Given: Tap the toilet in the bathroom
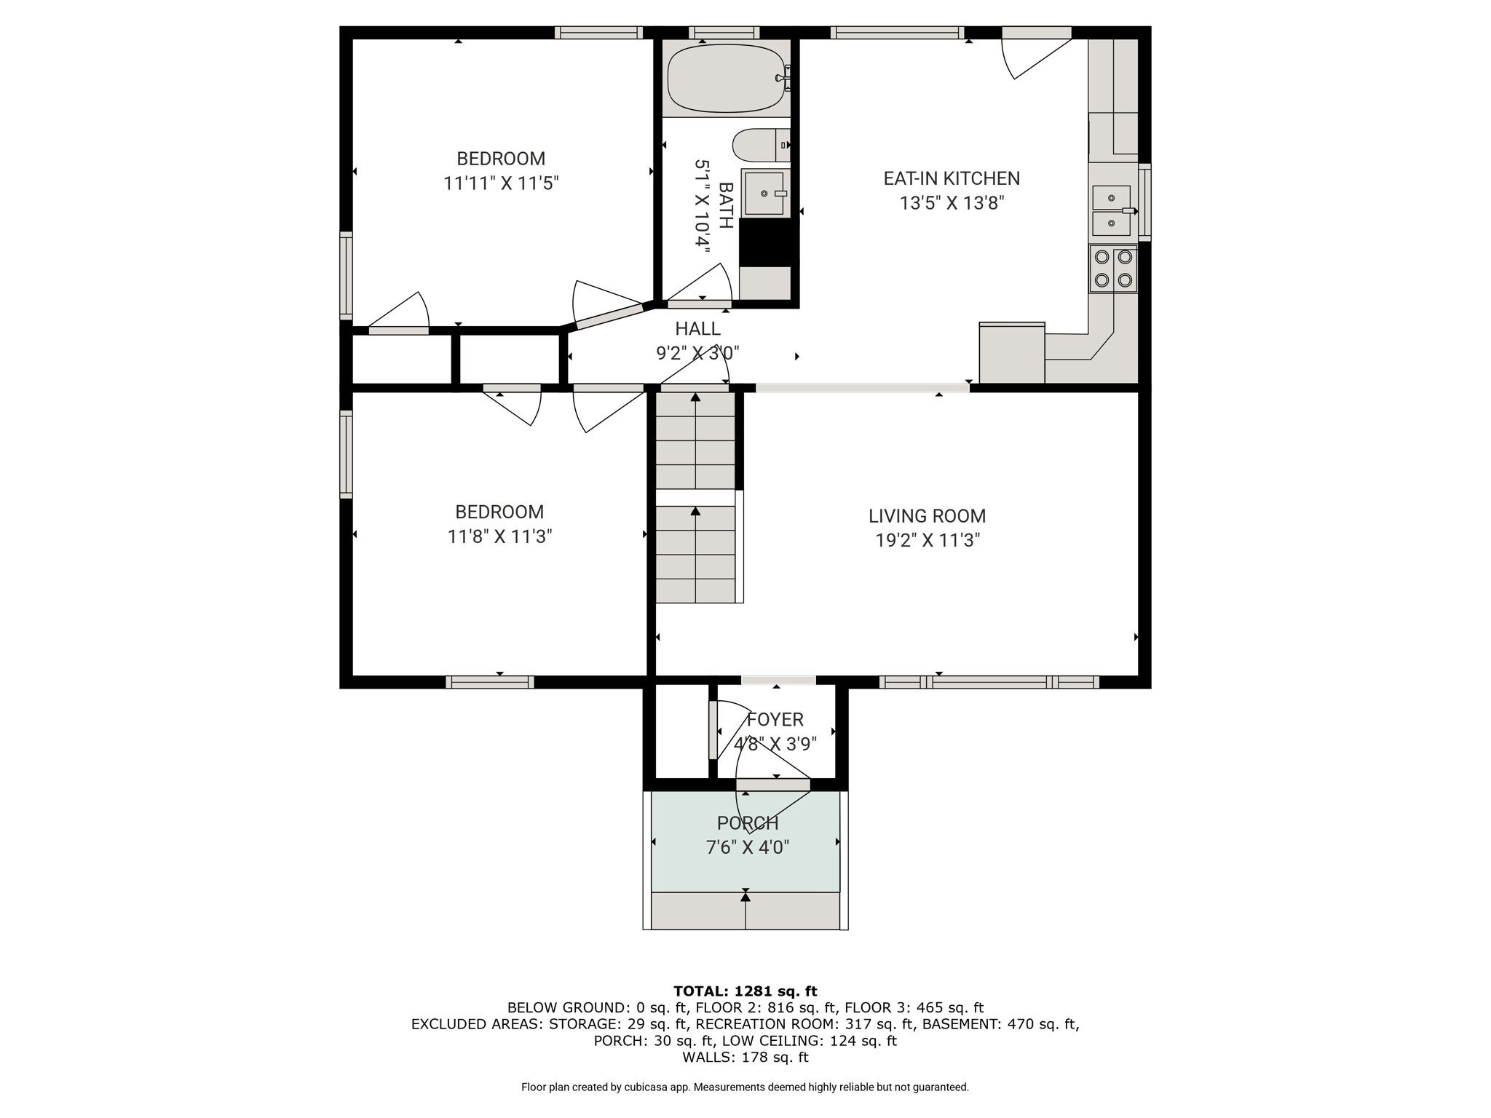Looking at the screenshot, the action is coord(761,145).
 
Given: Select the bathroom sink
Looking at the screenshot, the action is coord(764,194).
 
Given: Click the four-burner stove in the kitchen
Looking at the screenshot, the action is coord(1113,269).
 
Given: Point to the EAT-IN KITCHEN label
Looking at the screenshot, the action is coord(952,178).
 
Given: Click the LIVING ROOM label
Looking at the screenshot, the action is coord(927,516).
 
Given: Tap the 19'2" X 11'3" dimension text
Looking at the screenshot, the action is coord(928,540).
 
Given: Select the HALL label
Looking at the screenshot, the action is coord(697,329).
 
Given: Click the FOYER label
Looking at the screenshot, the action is coord(775,720).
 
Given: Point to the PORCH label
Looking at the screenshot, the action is coord(748,823).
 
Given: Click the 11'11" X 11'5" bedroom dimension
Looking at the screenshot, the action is coord(501,183).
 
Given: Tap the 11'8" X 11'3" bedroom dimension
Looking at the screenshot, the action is coord(499,536).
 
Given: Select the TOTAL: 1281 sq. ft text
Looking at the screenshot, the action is coord(745,991).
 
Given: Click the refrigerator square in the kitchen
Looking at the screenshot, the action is coord(1012,353).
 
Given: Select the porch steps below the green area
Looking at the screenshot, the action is coord(745,911).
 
